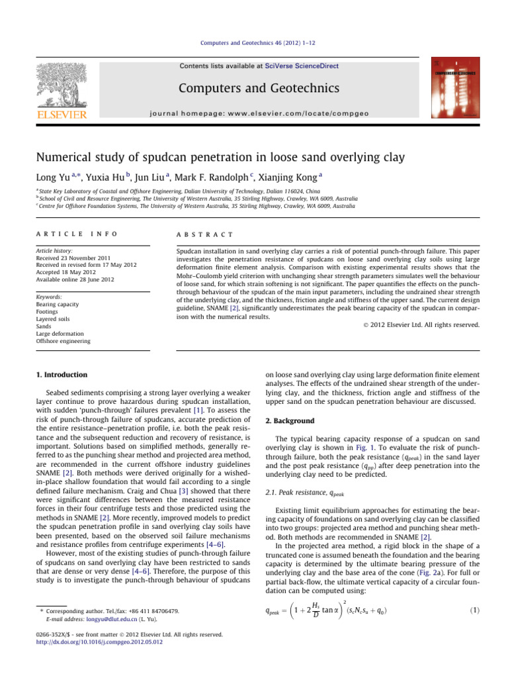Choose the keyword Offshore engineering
[62, 341]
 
